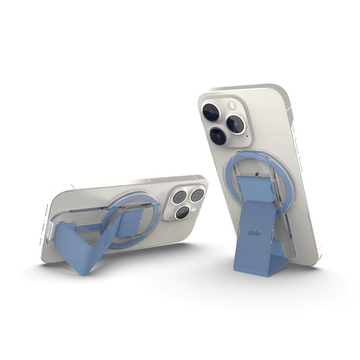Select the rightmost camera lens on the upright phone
click(x=236, y=124)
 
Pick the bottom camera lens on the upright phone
click(x=217, y=136)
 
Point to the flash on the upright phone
click(x=233, y=105)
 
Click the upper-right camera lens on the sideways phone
click(x=197, y=195)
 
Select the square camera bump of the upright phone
click(x=223, y=122)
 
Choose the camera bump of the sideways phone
click(x=186, y=202)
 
